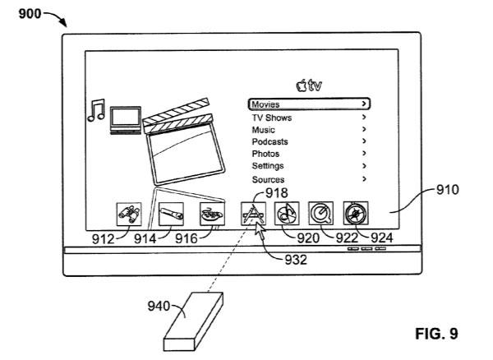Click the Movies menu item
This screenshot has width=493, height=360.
point(309,104)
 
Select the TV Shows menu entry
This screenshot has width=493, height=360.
point(272,118)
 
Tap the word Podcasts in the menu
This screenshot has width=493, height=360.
point(270,142)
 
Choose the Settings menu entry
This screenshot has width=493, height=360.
point(268,166)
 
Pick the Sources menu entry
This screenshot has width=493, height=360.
point(268,179)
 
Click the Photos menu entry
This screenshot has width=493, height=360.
point(265,154)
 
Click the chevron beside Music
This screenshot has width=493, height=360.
point(364,129)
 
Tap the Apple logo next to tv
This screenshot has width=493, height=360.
point(302,85)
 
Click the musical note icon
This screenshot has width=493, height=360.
point(96,110)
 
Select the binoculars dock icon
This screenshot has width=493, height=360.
point(129,215)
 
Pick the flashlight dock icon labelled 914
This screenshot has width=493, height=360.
point(171,215)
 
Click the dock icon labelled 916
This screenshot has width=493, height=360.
point(212,215)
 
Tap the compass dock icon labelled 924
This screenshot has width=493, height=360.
point(356,213)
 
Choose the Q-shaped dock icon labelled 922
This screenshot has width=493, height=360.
point(320,213)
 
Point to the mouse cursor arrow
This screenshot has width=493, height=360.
point(260,230)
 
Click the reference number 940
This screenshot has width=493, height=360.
point(159,306)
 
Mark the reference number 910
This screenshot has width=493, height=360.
point(448,190)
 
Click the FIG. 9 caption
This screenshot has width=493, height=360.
point(436,334)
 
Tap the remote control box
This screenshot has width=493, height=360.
point(193,321)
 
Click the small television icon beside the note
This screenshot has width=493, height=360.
point(126,121)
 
